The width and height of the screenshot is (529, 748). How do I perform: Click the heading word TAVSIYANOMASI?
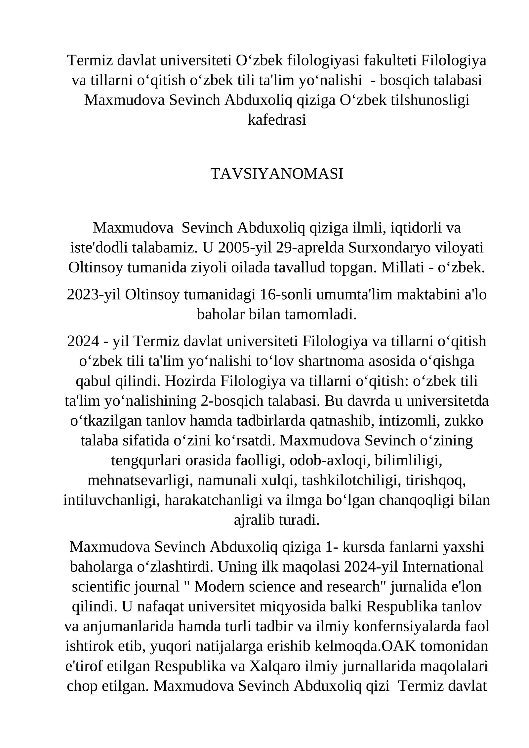277,174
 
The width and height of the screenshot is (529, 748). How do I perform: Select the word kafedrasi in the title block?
277,120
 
